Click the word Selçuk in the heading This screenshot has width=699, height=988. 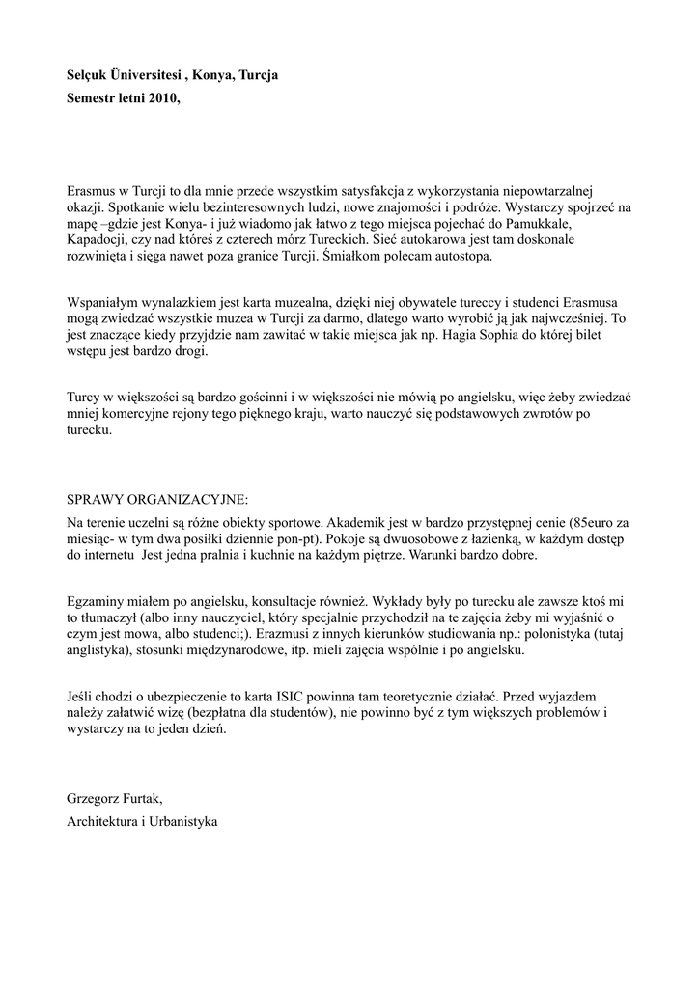89,74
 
